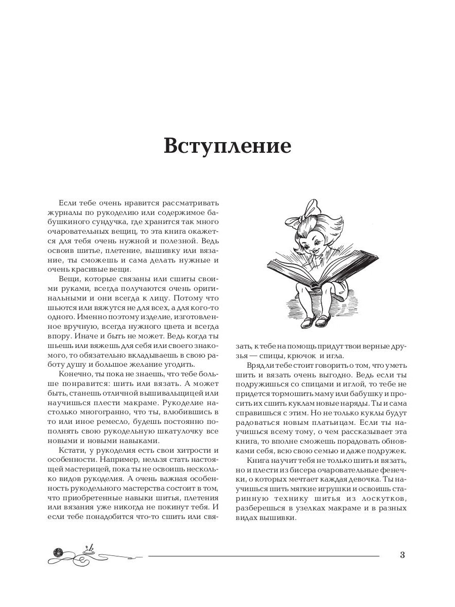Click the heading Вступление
227,146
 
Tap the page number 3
402,555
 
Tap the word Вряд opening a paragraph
257,366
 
